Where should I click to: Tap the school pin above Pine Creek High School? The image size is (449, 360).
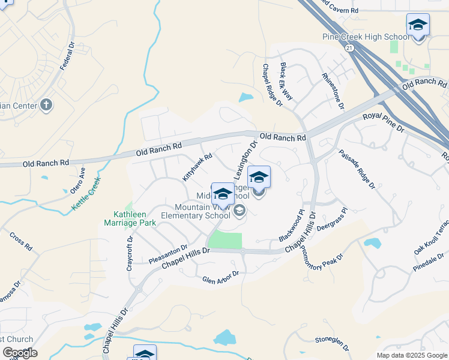[x=418, y=25]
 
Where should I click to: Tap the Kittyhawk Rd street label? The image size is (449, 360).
[x=197, y=166]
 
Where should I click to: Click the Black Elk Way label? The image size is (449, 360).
[x=286, y=80]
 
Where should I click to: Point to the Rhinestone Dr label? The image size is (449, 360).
[x=333, y=90]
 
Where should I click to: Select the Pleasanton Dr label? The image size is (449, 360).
[x=168, y=254]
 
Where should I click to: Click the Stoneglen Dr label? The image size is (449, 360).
[x=332, y=343]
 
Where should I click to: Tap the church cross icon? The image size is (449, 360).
[x=46, y=106]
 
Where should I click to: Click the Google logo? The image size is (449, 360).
[x=20, y=352]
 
